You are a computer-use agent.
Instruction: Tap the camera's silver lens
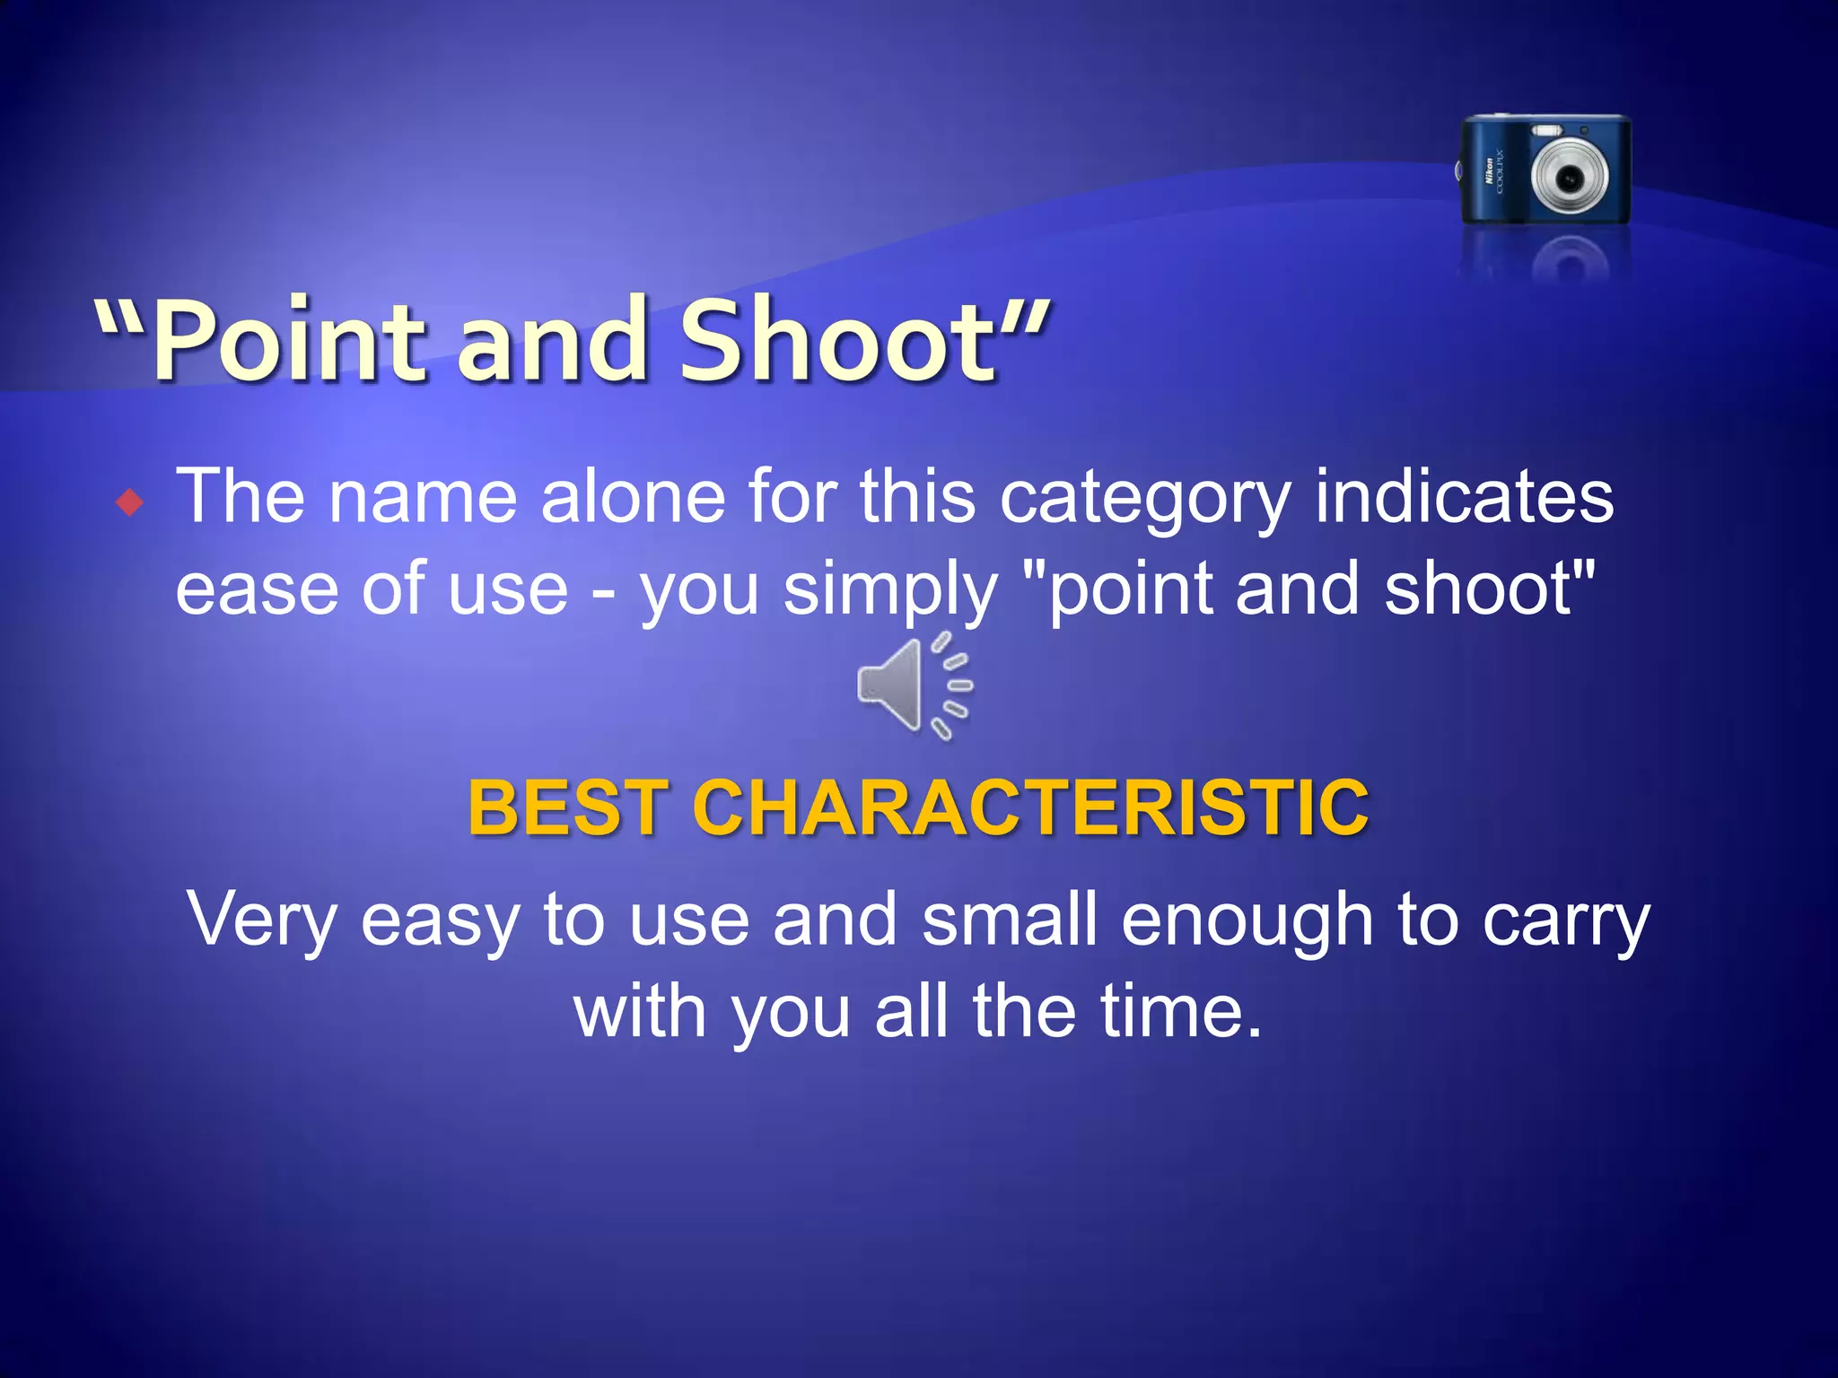tap(1569, 178)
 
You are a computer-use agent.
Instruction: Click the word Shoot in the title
tap(838, 342)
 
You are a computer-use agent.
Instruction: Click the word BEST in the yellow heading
tap(567, 807)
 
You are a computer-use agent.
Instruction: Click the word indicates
tap(1464, 497)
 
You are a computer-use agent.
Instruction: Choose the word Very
tap(261, 920)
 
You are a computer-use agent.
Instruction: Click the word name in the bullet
tap(422, 497)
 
